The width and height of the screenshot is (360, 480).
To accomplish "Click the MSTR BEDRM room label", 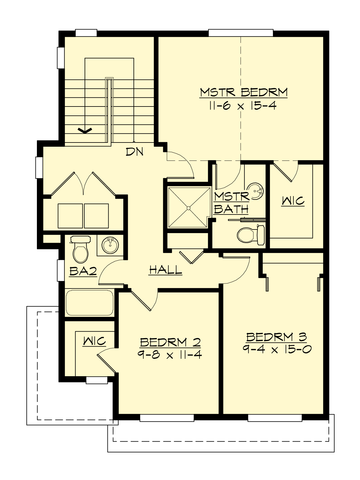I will pos(244,92).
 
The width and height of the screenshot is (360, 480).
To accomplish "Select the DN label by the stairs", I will pos(134,152).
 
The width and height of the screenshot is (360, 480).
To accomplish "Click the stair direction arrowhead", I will pos(85,130).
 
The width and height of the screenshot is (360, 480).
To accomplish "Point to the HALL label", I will pos(166,270).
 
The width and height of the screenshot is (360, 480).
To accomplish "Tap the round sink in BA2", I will pos(110,245).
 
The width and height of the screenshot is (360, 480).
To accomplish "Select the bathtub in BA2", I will pos(89,302).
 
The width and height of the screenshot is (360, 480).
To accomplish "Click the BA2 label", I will pos(83,271).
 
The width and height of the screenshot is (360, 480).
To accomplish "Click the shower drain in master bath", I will pos(188,208).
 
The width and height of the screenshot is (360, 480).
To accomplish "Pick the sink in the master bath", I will pos(256,191).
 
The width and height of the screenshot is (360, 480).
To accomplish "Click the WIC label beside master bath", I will pos(293,201).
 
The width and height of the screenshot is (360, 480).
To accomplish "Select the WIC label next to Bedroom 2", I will pos(94,341).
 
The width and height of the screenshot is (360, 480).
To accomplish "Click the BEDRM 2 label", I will pos(170,342).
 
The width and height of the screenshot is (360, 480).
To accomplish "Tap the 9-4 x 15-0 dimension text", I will pos(277,349).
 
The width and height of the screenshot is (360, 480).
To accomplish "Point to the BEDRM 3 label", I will pos(276,337).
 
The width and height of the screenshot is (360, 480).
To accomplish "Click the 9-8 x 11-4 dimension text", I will pos(170,355).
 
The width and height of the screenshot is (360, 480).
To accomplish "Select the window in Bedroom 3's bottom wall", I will pos(275,418).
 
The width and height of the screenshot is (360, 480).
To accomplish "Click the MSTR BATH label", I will pos(232,203).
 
